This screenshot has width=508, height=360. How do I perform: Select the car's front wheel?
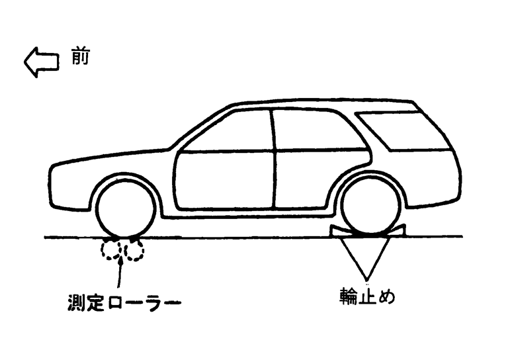point(126,208)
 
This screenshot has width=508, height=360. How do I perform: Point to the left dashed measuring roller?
point(111,249)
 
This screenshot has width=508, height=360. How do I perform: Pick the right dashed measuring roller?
point(134,249)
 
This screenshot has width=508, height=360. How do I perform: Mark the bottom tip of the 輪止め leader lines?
point(368,277)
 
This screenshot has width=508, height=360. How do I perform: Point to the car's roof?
point(317,104)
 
